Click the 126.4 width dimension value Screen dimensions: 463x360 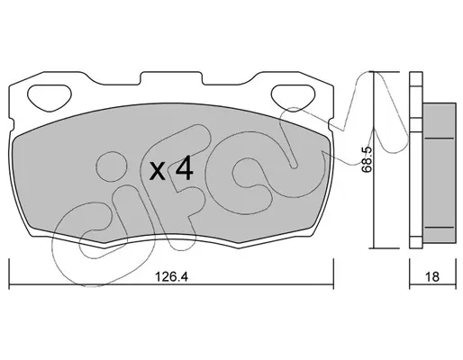pos(171,276)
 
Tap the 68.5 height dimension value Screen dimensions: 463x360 pos(367,159)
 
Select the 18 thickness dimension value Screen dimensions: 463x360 pos(432,276)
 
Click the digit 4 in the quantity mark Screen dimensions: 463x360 pos(184,169)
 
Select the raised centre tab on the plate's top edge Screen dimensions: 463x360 pos(171,77)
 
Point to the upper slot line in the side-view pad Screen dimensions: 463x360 pos(440,139)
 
